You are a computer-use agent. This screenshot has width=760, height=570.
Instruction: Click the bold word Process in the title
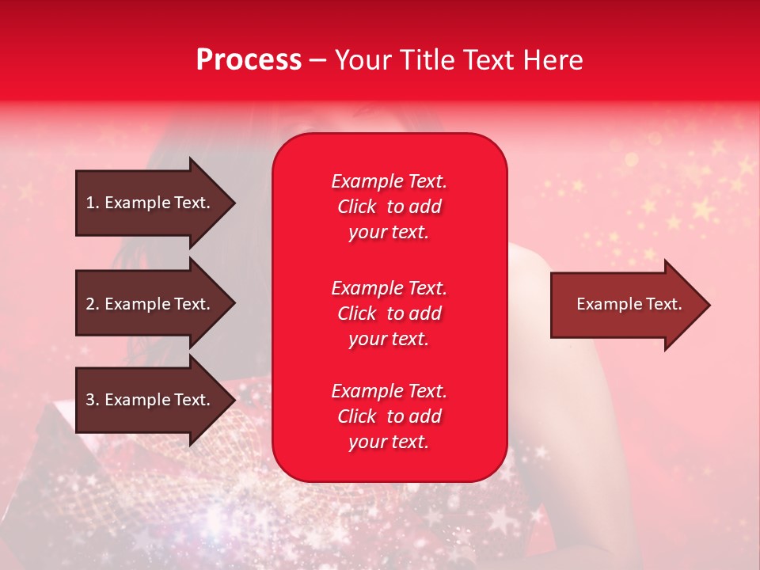point(249,60)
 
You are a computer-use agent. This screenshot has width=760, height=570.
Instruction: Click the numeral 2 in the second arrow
point(89,304)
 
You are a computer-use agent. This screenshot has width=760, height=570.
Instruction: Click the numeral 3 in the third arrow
point(89,400)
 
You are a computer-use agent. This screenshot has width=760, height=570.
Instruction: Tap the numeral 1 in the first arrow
point(89,203)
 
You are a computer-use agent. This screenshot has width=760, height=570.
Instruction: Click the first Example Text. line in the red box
point(389,181)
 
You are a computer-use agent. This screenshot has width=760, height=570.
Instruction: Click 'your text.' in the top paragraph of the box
point(389,233)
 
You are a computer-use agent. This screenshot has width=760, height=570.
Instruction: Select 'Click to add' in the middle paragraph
point(389,313)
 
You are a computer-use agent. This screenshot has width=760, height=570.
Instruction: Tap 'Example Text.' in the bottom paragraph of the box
point(389,391)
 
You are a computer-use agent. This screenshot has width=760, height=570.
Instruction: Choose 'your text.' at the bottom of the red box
point(389,443)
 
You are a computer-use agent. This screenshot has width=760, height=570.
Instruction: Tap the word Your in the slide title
point(363,60)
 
